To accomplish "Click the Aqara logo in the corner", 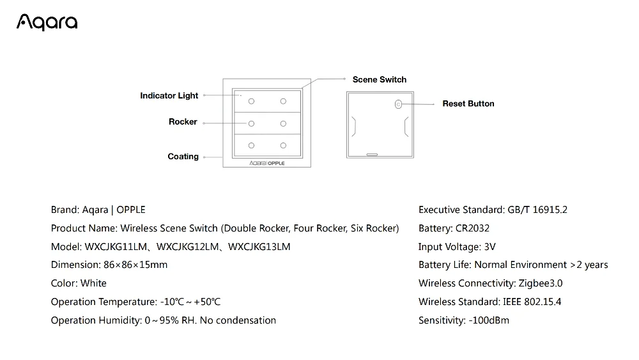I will (x=47, y=23).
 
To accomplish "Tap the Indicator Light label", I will (x=169, y=96).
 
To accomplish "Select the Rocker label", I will (x=183, y=121).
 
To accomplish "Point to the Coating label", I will (x=183, y=157).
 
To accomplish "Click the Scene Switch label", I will (x=380, y=79).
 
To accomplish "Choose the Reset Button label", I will (x=468, y=104).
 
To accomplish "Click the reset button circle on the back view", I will (x=398, y=104).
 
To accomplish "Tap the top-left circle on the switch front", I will (x=251, y=101).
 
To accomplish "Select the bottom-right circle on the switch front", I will (x=282, y=145).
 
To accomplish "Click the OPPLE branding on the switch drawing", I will (x=276, y=163).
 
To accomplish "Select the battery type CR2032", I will (x=473, y=228).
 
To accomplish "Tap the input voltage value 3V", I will (x=490, y=247).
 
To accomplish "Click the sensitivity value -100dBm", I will (x=489, y=320).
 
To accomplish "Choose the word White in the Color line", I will (x=94, y=283).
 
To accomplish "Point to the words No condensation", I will (x=238, y=320).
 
